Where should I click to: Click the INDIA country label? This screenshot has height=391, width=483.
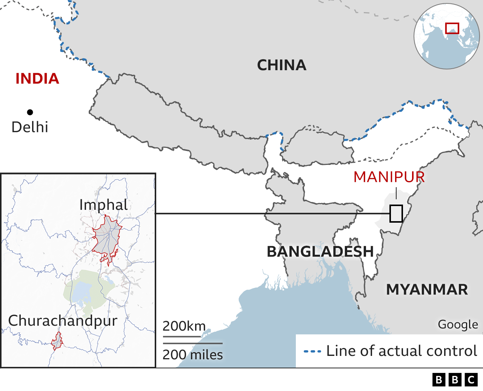(x=37, y=79)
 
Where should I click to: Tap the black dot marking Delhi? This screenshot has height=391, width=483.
(x=30, y=112)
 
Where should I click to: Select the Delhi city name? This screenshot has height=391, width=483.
(x=30, y=127)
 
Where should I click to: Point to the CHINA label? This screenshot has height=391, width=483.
(x=281, y=65)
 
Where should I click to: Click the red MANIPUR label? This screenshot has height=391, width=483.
(x=389, y=177)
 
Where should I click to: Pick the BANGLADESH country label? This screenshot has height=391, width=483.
(x=320, y=252)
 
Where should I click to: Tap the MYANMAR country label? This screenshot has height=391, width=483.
(x=427, y=290)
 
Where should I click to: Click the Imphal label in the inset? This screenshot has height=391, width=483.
(x=103, y=205)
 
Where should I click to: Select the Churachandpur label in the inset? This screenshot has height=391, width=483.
(x=63, y=321)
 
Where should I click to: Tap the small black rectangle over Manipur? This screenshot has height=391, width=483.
(x=396, y=214)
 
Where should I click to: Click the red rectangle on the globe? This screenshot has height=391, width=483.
(x=452, y=28)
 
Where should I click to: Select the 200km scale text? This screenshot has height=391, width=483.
(x=184, y=326)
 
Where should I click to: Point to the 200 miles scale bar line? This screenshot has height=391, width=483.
(x=192, y=343)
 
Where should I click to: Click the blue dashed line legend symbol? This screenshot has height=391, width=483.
(x=312, y=351)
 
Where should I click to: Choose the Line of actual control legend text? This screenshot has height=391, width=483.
(x=401, y=351)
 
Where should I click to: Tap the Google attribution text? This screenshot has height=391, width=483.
(x=457, y=324)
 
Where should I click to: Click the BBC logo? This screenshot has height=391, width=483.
(x=455, y=379)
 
